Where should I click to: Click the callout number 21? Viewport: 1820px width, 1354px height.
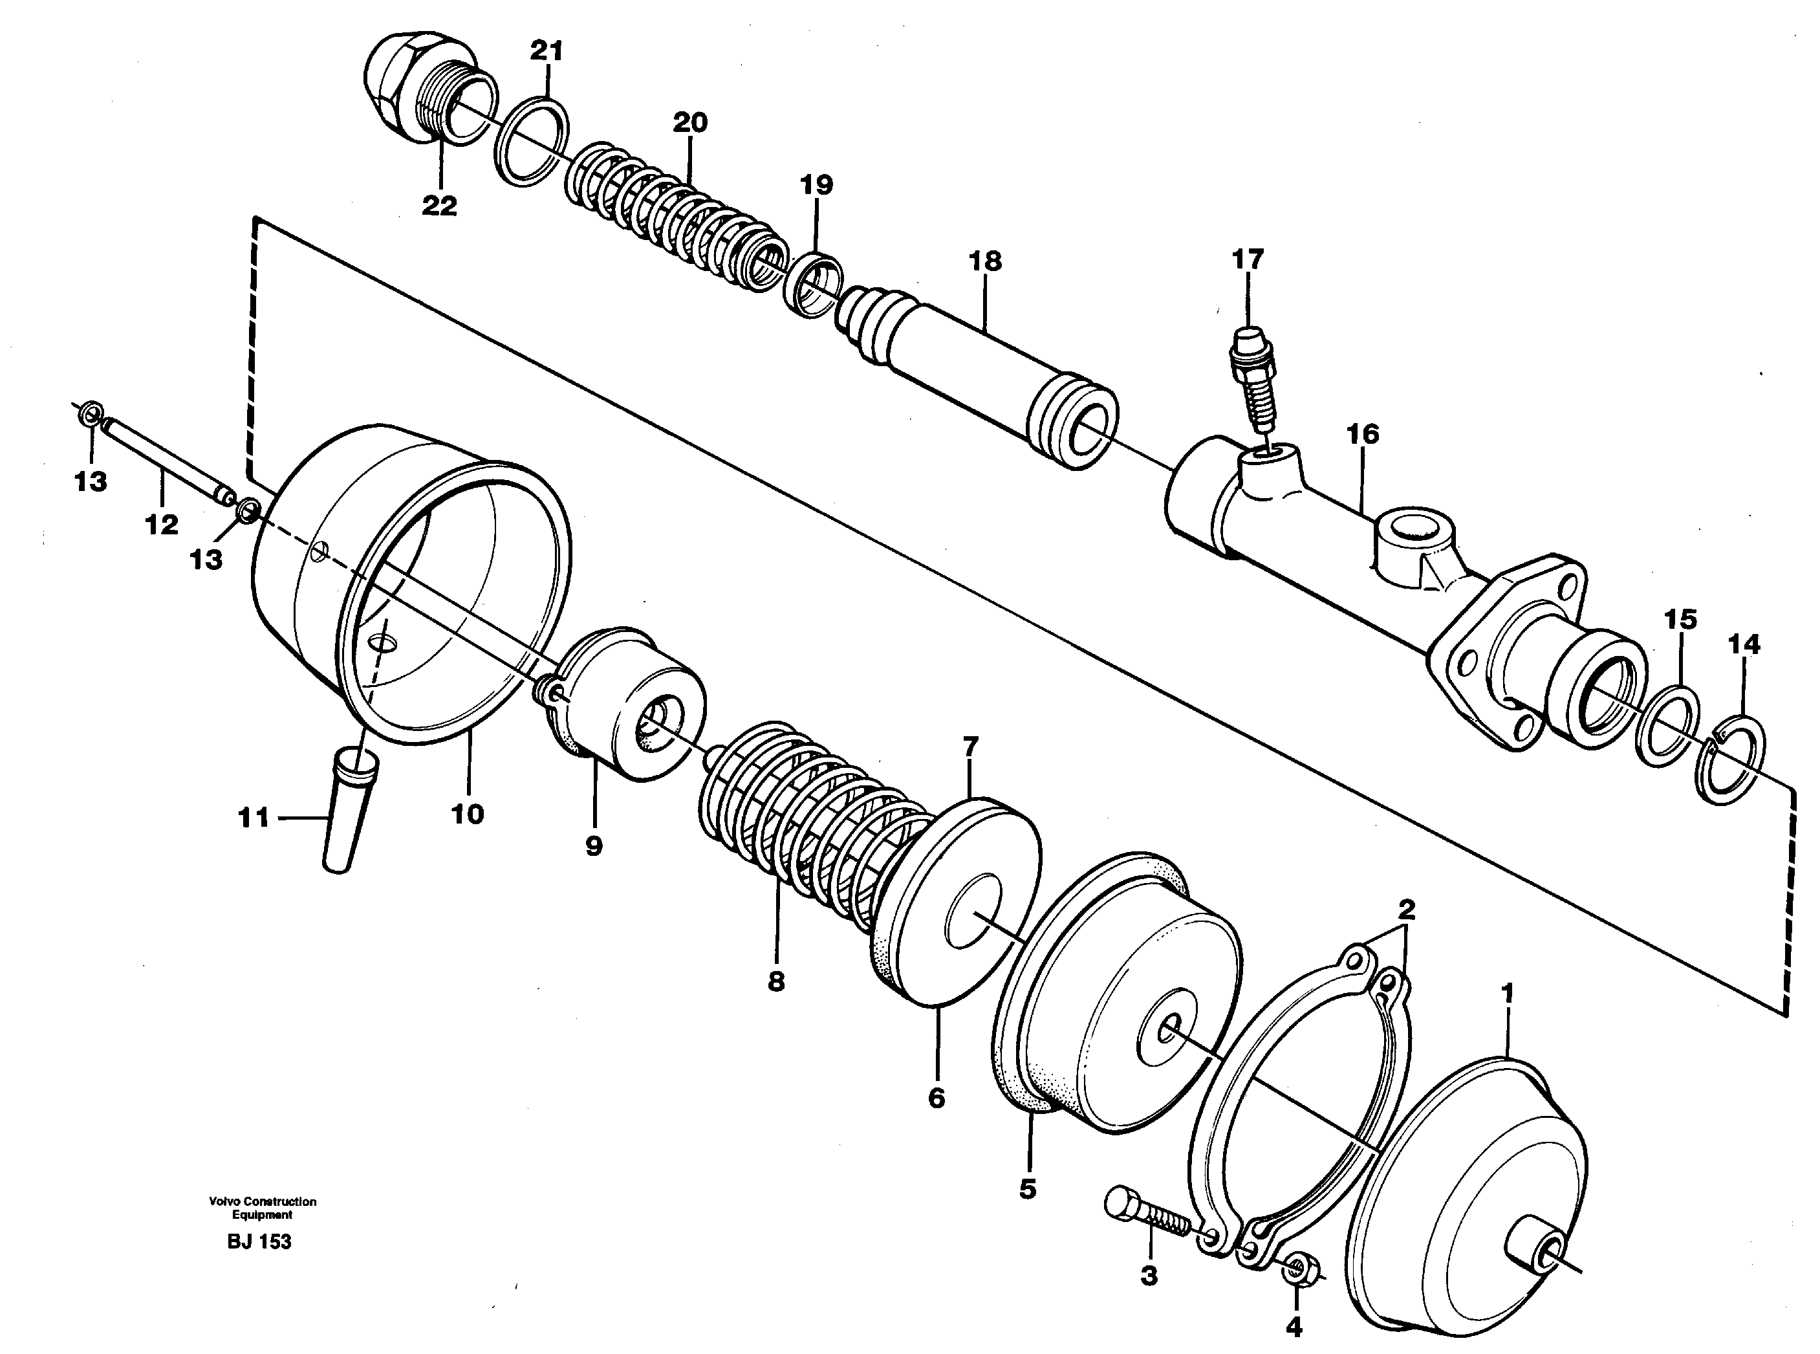[547, 52]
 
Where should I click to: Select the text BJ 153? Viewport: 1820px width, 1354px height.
[259, 1241]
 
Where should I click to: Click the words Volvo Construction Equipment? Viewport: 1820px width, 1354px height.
[262, 1208]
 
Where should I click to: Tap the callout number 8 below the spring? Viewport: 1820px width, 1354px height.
[776, 981]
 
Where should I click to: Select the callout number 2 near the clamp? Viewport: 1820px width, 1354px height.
[1406, 910]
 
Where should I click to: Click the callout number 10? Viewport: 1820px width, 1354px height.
[467, 814]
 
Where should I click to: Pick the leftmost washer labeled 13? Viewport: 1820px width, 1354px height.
[92, 411]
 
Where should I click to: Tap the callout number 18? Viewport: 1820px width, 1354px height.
[985, 261]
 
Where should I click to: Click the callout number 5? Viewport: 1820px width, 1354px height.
[1028, 1188]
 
